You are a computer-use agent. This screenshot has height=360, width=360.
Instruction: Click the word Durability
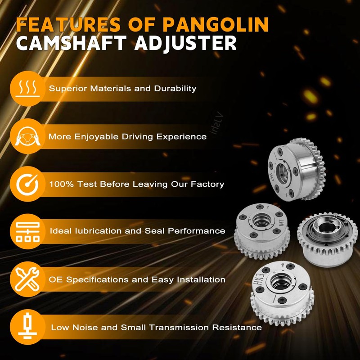176,88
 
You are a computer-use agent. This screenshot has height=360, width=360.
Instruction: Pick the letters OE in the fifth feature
54,279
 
